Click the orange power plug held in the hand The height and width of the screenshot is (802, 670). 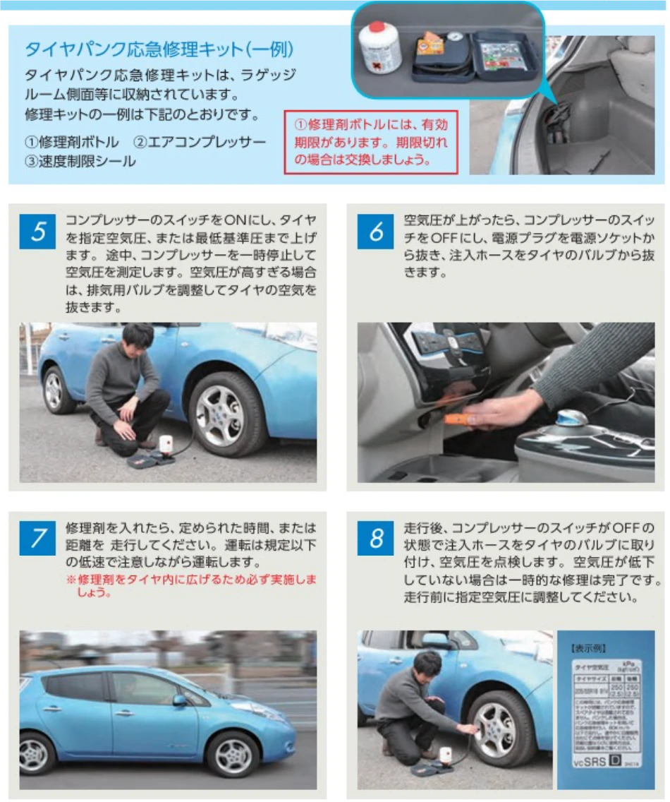pos(458,419)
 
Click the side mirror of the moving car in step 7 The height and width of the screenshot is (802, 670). pos(179,701)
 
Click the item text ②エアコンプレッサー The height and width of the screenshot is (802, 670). pos(200,143)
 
